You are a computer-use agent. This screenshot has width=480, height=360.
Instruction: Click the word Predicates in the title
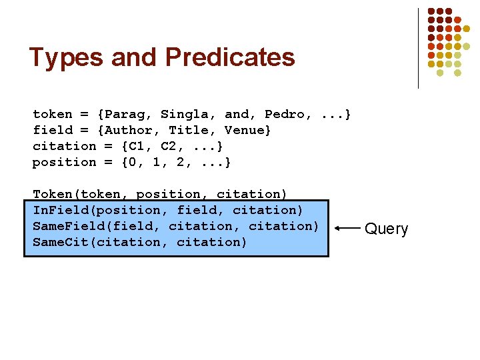(230, 58)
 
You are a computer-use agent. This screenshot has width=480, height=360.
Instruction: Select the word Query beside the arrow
(386, 229)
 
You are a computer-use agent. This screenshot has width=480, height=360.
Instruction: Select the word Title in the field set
(193, 131)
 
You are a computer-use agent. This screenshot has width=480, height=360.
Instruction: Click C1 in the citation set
(137, 147)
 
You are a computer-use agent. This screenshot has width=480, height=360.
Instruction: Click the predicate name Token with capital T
(53, 195)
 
